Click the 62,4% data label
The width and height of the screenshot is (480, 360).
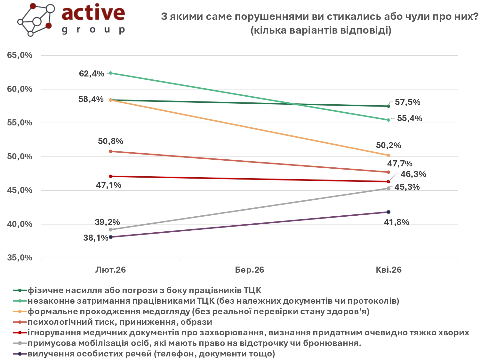pos(92,74)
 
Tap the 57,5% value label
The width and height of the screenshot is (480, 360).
pos(407,102)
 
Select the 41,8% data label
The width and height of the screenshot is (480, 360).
pos(396,222)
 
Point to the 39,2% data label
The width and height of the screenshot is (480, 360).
pos(107,222)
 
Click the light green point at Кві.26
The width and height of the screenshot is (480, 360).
pos(388,120)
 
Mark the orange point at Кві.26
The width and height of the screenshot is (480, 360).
pos(388,155)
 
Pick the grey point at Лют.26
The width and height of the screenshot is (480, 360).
pos(111,230)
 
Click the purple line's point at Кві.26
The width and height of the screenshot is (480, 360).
pos(388,212)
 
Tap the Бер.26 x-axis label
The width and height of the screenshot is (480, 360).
pos(250,270)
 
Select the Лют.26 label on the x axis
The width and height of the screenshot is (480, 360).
pos(111,270)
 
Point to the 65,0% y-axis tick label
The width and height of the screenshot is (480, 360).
pos(20,55)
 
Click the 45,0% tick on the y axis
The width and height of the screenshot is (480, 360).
pos(20,190)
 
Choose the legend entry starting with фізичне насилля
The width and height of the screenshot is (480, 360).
pos(144,290)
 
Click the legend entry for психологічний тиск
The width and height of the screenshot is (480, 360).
pos(120,322)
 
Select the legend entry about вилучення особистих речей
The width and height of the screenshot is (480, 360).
pos(151,354)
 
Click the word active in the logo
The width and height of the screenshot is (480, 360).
pos(93,13)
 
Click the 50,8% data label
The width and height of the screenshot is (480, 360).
pos(110,141)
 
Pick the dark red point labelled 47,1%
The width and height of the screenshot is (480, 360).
pos(111,176)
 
